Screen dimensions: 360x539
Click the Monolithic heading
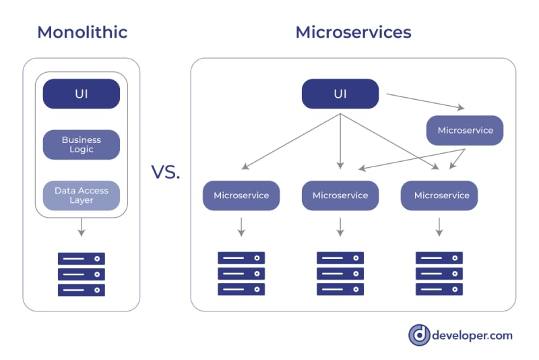coord(82,32)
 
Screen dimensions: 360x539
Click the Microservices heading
coord(353,32)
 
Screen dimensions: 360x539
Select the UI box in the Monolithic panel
coord(82,94)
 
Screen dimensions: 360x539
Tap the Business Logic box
coord(82,144)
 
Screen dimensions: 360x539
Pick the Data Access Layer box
coord(82,196)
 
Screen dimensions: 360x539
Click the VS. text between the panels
coord(165,172)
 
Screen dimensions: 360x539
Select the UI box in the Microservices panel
coord(340,94)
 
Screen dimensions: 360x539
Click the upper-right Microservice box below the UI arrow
coord(465,130)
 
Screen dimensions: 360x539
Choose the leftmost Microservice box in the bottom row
coord(241,196)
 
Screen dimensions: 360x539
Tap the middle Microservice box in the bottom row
coord(340,196)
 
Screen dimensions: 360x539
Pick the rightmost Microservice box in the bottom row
coord(439,196)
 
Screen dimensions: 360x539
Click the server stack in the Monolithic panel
coord(82,274)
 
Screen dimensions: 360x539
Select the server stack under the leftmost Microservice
coord(241,274)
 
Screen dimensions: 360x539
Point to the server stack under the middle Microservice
coord(340,274)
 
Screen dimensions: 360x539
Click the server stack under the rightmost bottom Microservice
coord(439,274)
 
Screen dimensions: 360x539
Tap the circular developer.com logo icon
coord(419,335)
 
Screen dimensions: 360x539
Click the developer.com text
coord(473,335)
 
